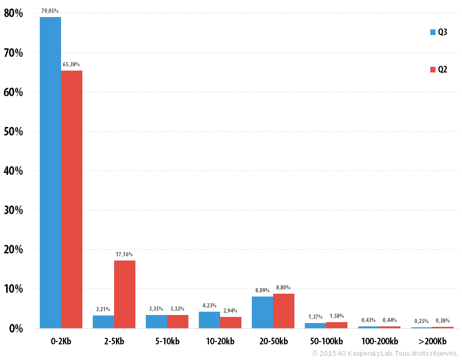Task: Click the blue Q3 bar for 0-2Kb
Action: tap(50, 172)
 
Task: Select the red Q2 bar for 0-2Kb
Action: tap(71, 199)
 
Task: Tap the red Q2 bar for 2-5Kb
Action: tap(124, 294)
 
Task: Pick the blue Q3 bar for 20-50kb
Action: tap(263, 312)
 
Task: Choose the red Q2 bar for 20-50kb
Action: tap(284, 311)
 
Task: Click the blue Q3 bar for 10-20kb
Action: tap(210, 320)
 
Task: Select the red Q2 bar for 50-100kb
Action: tap(337, 325)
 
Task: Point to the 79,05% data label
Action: tap(50, 11)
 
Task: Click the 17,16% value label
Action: tap(124, 254)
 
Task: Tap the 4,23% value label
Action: tap(210, 305)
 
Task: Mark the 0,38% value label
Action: tap(443, 321)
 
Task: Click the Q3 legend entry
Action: tap(438, 32)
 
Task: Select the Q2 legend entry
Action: tap(438, 69)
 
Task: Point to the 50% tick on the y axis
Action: tap(13, 132)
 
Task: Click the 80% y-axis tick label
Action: tap(13, 13)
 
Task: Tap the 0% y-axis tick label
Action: tap(16, 328)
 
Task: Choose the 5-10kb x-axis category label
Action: tap(168, 341)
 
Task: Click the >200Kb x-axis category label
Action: tap(432, 341)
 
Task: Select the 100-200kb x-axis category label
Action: tap(380, 341)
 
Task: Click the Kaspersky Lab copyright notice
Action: tap(385, 353)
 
